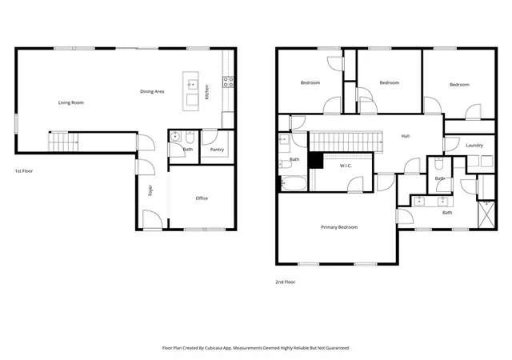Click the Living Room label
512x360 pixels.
(x=71, y=102)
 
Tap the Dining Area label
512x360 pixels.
(x=152, y=91)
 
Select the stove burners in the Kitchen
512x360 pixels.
(x=228, y=82)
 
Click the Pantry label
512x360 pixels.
(x=217, y=150)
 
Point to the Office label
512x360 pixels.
(x=202, y=198)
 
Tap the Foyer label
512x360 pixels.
(x=150, y=190)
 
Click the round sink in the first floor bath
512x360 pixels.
(x=176, y=136)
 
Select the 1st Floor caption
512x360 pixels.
(x=24, y=171)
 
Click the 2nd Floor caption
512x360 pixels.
(x=285, y=282)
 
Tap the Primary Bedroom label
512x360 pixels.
(x=339, y=227)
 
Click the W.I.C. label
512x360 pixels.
(x=346, y=166)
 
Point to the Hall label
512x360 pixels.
(x=406, y=136)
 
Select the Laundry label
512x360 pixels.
(x=474, y=146)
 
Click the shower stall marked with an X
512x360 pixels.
(x=486, y=214)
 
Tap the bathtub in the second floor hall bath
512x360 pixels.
(x=294, y=183)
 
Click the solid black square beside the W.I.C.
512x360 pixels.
(x=316, y=160)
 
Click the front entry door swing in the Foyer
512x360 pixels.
(x=153, y=219)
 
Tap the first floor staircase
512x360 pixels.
(x=63, y=142)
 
